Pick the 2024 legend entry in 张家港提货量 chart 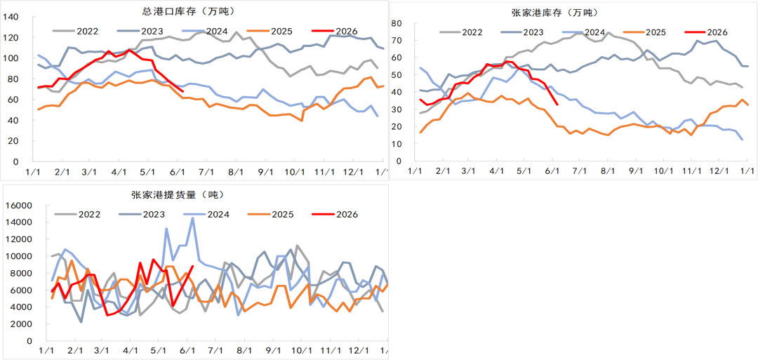pos(207,214)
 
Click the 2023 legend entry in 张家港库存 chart pos(523,32)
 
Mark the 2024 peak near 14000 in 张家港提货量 pos(193,218)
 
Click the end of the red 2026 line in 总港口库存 pos(182,91)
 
